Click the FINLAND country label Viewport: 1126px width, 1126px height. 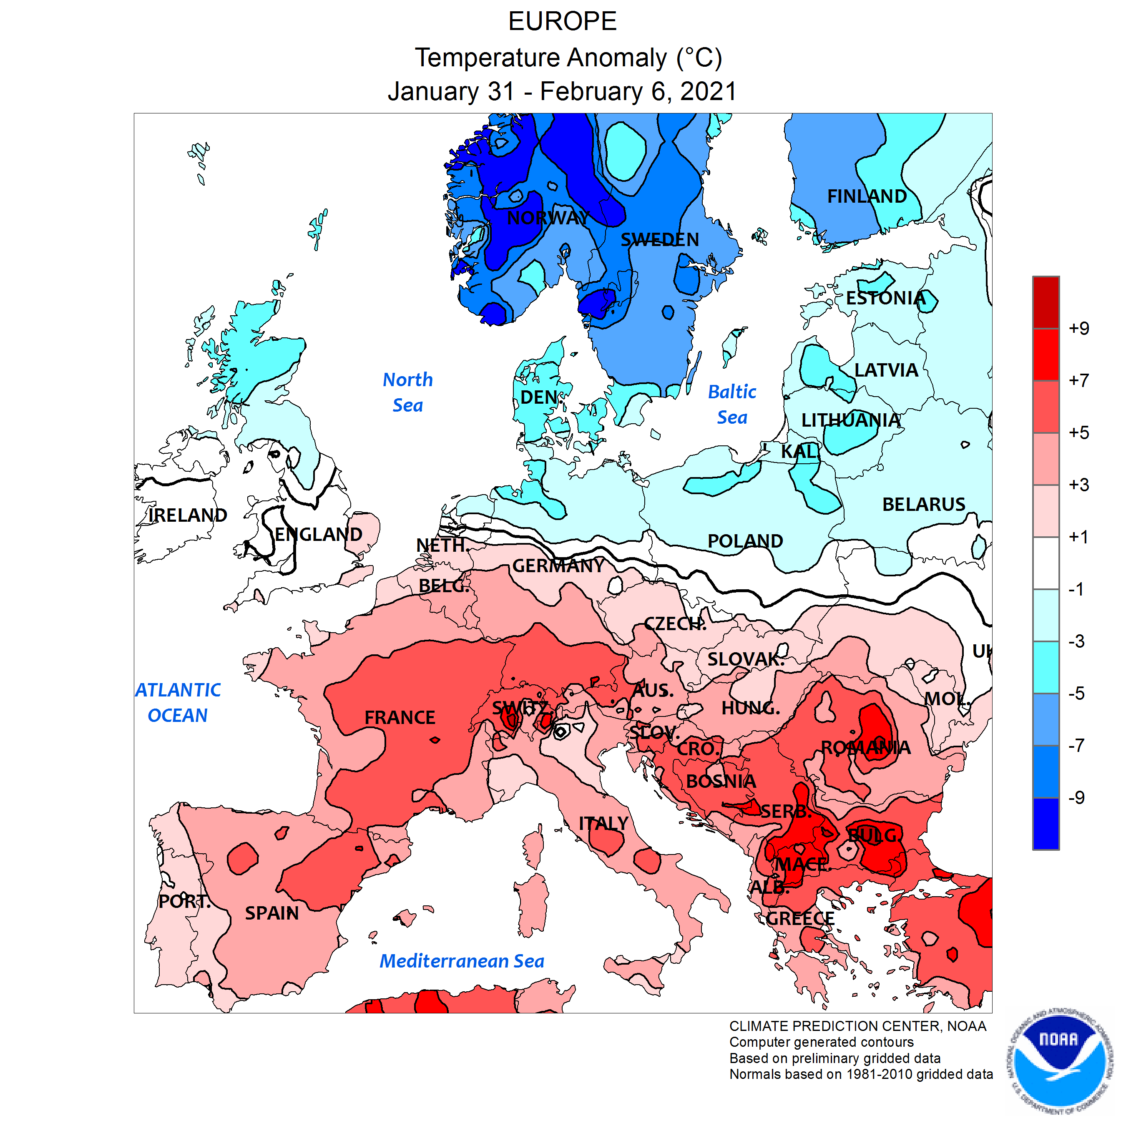(x=867, y=196)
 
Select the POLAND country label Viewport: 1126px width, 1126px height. (x=745, y=541)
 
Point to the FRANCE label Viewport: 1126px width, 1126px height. (x=400, y=717)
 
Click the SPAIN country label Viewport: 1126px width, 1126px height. (x=271, y=913)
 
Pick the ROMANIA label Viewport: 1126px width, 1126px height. (x=865, y=747)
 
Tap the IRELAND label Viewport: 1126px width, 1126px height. (x=187, y=515)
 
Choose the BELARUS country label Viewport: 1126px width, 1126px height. (x=923, y=504)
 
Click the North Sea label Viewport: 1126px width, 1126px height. (x=407, y=392)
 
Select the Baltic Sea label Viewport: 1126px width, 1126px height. (x=732, y=405)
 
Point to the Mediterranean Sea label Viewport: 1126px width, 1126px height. (x=462, y=961)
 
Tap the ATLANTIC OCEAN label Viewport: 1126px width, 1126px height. (x=178, y=702)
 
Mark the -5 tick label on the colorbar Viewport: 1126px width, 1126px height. (x=1076, y=694)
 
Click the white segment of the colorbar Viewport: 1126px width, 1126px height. (x=1046, y=563)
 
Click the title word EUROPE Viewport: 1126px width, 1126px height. (x=563, y=22)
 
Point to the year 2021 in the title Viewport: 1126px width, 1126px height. (x=708, y=91)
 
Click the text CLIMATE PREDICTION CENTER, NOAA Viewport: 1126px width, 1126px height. (x=857, y=1026)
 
